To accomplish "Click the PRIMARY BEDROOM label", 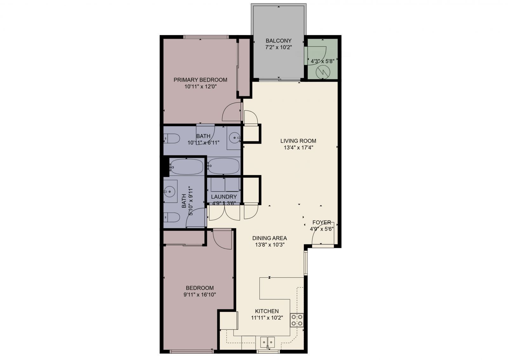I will coord(200,80).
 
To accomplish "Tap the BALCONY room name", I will coord(278,41).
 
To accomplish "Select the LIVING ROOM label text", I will coord(298,141).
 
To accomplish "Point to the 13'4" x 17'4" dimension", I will coord(298,147).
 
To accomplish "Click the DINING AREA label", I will coord(270,238).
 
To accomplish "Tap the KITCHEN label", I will coord(267,311).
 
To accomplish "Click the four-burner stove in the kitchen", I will coord(296,320).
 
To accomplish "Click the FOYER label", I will coord(322,222).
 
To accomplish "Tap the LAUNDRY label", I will coord(224,197).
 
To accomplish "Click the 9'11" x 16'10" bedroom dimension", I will coord(200,295).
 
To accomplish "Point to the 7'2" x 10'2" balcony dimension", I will coord(278,47).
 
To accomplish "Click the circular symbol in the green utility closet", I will coord(323,72).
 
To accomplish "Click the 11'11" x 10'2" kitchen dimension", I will coord(267,317).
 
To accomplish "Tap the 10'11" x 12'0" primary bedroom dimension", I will coord(200,86).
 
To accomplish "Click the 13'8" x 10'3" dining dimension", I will coord(270,245).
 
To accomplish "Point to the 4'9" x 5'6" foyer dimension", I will coord(322,229).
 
